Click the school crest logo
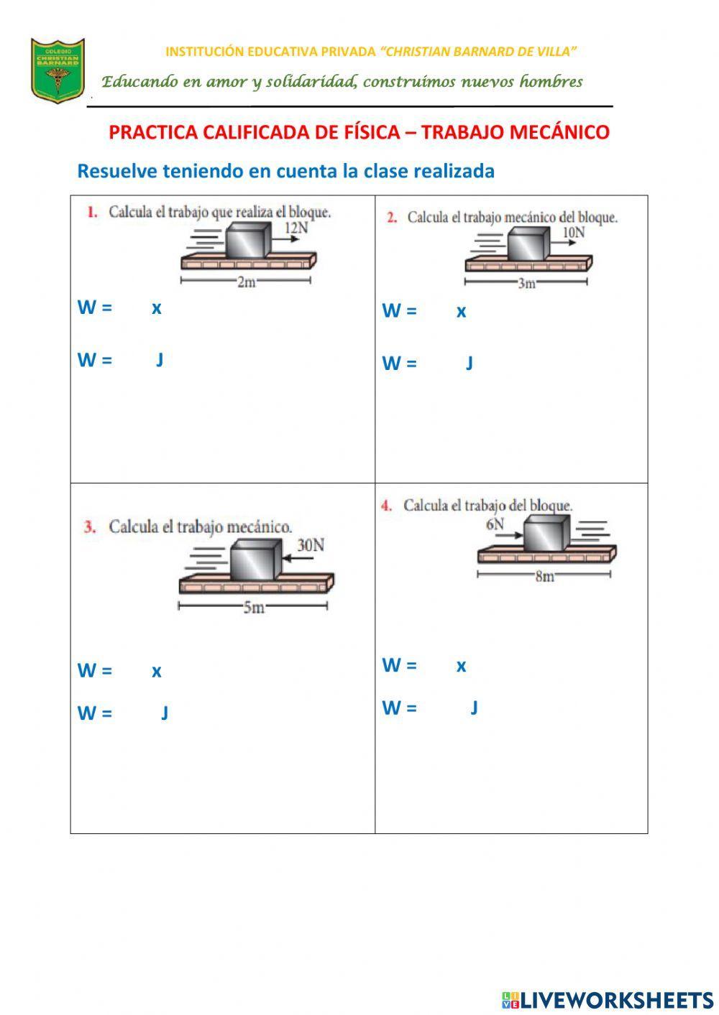pyautogui.click(x=58, y=70)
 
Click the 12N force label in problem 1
pyautogui.click(x=296, y=228)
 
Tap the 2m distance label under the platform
pyautogui.click(x=247, y=282)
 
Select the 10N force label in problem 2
pyautogui.click(x=573, y=232)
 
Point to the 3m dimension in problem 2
pyautogui.click(x=527, y=284)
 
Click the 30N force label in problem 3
pyautogui.click(x=311, y=545)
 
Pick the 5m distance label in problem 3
pyautogui.click(x=253, y=608)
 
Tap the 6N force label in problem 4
pyautogui.click(x=495, y=524)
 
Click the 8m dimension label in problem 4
pyautogui.click(x=544, y=576)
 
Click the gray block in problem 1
pyautogui.click(x=248, y=240)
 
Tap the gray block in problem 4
pyautogui.click(x=546, y=534)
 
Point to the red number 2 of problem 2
pyautogui.click(x=392, y=218)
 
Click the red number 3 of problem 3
pyautogui.click(x=90, y=527)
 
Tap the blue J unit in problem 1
pyautogui.click(x=160, y=359)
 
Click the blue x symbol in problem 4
pyautogui.click(x=461, y=665)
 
